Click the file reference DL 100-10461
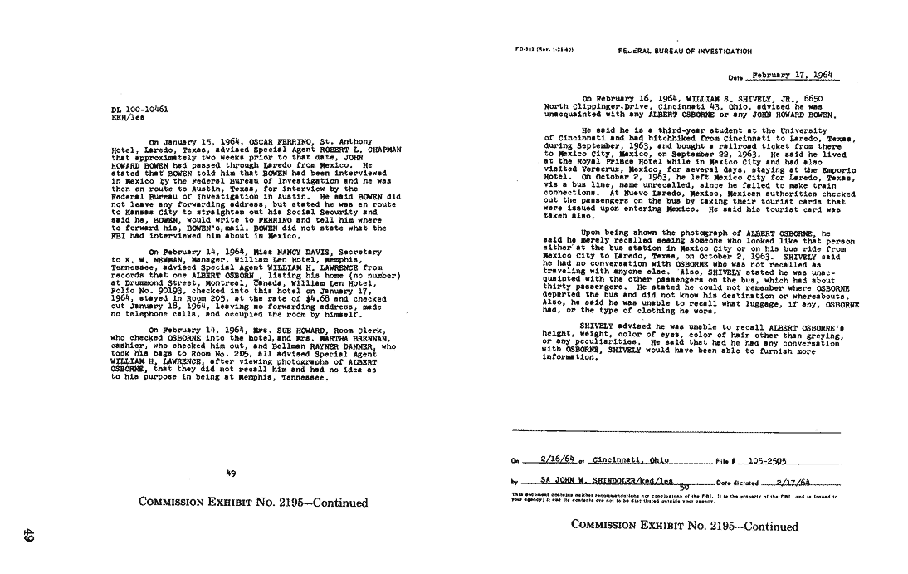point(139,109)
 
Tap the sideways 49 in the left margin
point(28,537)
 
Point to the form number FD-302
point(527,52)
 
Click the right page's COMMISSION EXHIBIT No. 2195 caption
point(684,526)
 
